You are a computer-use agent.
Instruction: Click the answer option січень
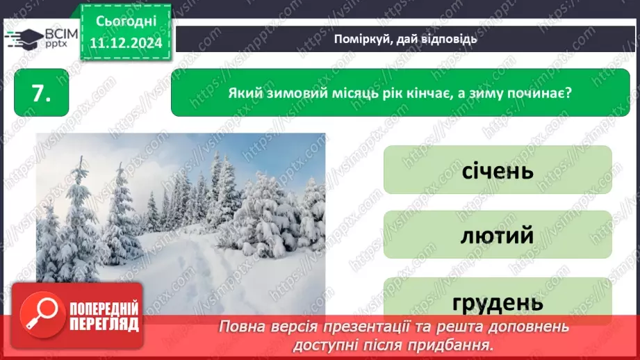[x=497, y=170]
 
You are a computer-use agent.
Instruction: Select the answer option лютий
[x=497, y=235]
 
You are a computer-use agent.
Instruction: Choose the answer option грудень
[x=497, y=301]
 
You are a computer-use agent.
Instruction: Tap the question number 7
[x=41, y=95]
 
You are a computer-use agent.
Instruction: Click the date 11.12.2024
[x=125, y=43]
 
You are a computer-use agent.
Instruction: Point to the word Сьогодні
[x=125, y=22]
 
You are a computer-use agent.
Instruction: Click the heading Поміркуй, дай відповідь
[x=405, y=38]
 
